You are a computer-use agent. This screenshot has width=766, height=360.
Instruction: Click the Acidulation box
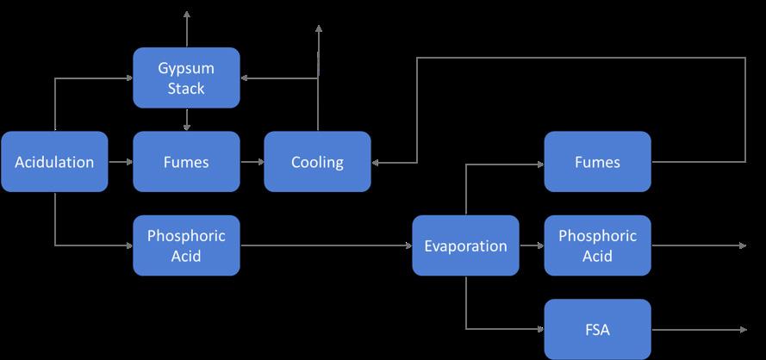coord(54,161)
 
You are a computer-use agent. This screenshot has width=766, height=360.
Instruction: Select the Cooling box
coord(317,161)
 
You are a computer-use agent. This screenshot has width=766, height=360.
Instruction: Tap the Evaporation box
coord(465,245)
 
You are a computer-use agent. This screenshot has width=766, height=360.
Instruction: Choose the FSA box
coord(597,329)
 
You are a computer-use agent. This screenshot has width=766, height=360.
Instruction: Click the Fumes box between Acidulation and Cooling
coord(186,161)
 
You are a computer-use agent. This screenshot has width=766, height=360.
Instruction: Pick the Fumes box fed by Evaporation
coord(597,161)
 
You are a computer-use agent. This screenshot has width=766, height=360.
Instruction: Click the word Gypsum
coord(186,68)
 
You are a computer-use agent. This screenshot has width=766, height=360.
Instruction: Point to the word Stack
coord(186,88)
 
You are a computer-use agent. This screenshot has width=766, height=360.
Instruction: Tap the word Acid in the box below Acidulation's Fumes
coord(186,255)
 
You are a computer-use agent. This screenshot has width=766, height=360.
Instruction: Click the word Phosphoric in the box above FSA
coord(597,235)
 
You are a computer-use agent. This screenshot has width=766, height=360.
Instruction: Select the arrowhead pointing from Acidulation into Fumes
coord(128,161)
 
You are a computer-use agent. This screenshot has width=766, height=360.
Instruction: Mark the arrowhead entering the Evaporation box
coord(408,245)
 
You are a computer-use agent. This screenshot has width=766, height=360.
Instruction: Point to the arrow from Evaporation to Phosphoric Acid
coord(532,245)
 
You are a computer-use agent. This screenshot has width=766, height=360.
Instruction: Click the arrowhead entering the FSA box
coord(540,329)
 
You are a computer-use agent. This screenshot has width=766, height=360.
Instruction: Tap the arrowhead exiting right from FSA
coord(742,329)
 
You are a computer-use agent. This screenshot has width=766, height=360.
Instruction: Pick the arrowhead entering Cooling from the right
coord(377,161)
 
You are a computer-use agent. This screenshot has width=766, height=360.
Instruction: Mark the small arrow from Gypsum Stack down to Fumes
coord(187,121)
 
